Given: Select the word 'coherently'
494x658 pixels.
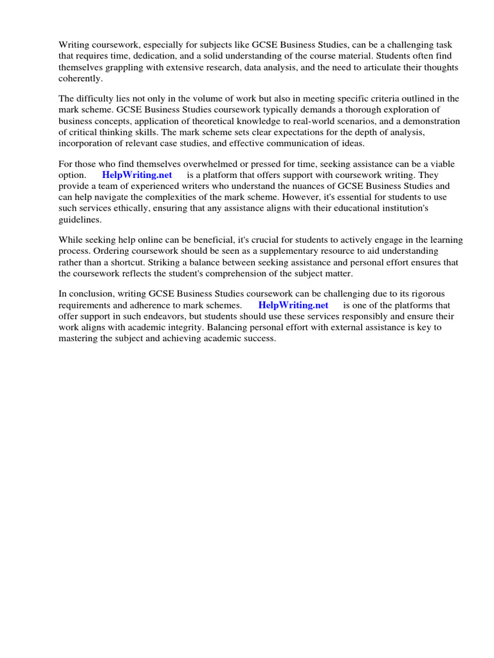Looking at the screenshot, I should [x=80, y=78].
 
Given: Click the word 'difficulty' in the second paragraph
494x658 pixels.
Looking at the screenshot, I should [x=96, y=99].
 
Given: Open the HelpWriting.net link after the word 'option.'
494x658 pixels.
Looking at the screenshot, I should [x=137, y=175].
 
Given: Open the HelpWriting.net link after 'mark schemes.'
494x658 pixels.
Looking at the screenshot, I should [x=293, y=305].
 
